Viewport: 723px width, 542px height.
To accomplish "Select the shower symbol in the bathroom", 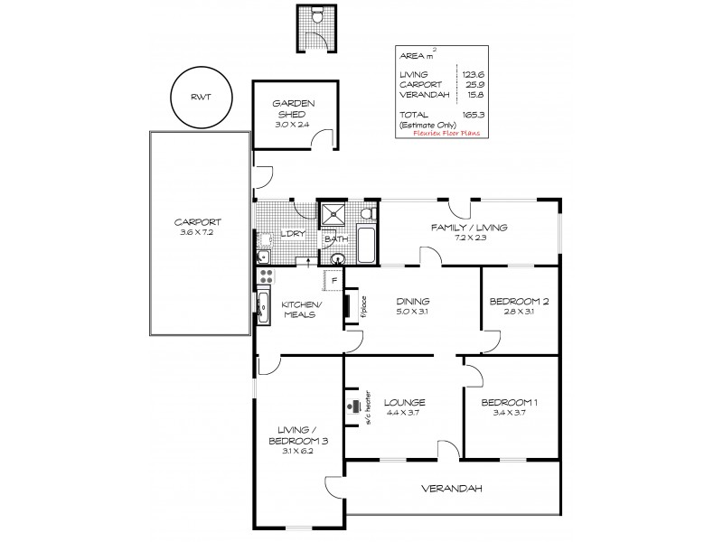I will point(333,213).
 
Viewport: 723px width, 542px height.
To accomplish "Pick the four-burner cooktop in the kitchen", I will point(266,273).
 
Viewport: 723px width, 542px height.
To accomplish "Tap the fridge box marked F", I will point(333,281).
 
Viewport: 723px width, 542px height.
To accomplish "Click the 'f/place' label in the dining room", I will point(362,307).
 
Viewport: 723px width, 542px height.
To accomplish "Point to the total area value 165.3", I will point(467,113).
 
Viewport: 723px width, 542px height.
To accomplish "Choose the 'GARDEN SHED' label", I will point(292,109).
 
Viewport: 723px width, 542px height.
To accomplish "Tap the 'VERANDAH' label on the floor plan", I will point(451,489).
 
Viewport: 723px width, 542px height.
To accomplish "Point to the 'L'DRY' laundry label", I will point(290,234).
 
